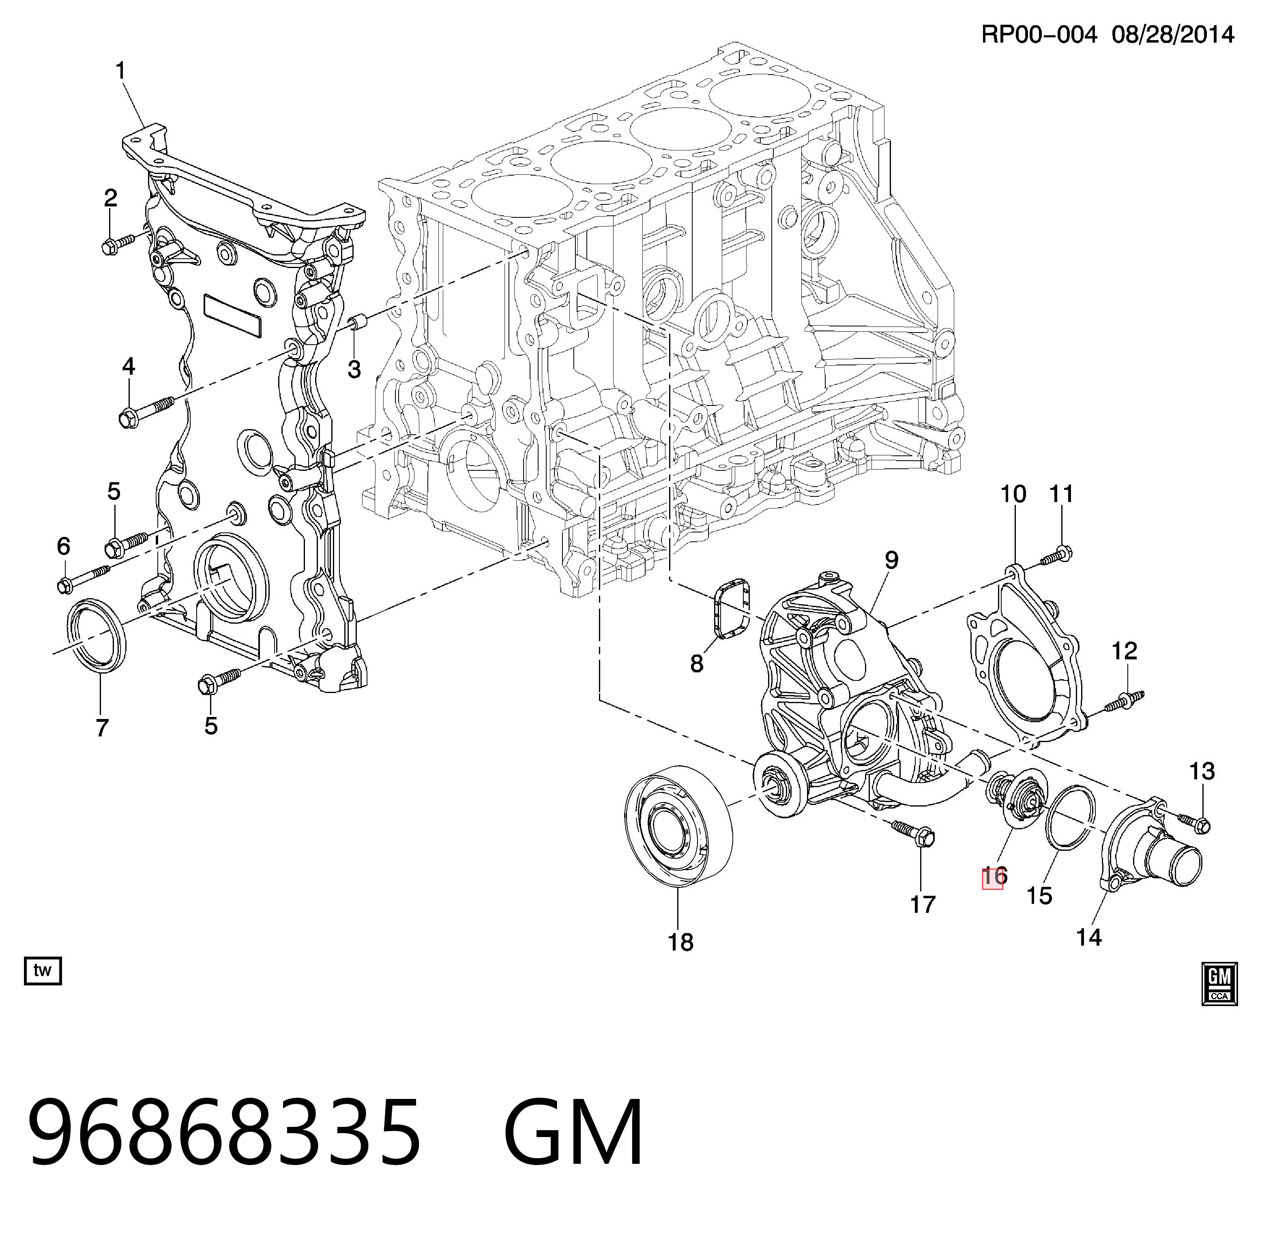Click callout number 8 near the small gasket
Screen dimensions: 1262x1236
pyautogui.click(x=697, y=663)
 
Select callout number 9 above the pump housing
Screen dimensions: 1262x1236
pyautogui.click(x=891, y=560)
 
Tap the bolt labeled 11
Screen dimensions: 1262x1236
pyautogui.click(x=1056, y=555)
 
